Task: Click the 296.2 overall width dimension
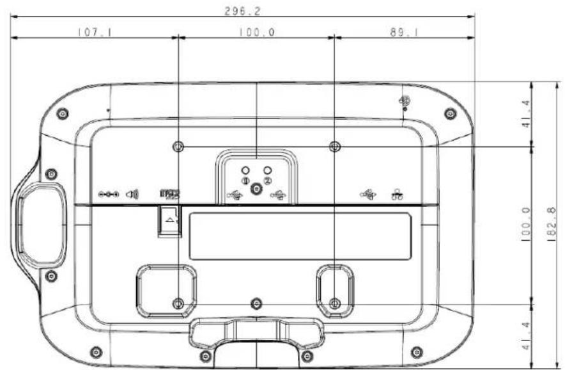[x=242, y=11]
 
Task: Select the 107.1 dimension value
[x=95, y=33]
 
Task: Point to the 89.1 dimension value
[x=405, y=33]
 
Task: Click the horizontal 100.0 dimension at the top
[x=256, y=33]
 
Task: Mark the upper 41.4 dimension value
[x=526, y=114]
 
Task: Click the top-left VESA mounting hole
[x=178, y=147]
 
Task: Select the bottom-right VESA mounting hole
[x=335, y=303]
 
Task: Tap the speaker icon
[x=132, y=195]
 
